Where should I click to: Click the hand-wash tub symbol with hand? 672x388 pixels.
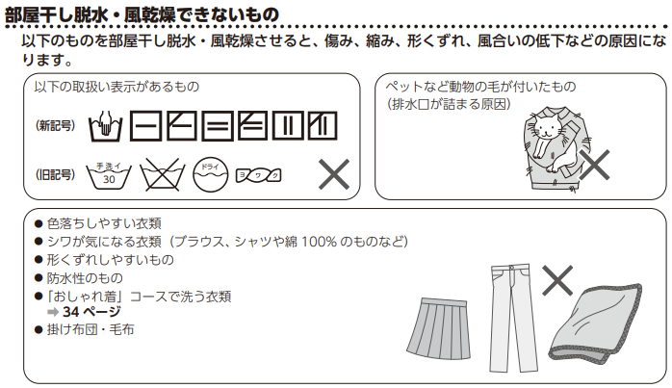105,126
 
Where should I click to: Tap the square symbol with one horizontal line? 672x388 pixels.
145,126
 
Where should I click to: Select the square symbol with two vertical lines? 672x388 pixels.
288,126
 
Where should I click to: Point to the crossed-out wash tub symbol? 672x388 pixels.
163,174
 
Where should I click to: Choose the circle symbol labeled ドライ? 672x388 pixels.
211,174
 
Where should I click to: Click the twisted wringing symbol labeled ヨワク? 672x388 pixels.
258,174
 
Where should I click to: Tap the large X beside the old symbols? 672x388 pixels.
334,174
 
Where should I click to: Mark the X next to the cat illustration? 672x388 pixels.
594,165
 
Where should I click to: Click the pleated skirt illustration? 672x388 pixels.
438,329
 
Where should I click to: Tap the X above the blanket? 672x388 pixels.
557,280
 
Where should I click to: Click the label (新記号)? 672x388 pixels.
55,125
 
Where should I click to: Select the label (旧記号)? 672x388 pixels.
55,174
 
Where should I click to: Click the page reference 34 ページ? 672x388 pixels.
91,312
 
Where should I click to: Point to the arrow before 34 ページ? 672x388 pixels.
53,312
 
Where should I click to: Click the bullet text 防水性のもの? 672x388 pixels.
85,278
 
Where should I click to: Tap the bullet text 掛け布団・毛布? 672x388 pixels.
90,329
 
